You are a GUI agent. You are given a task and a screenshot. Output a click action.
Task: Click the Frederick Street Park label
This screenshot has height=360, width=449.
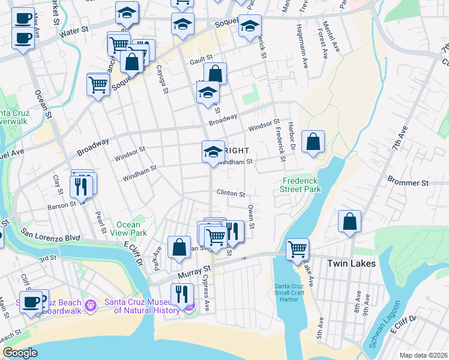point(301,185)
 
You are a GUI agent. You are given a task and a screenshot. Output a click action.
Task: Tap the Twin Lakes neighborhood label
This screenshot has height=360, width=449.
point(351,263)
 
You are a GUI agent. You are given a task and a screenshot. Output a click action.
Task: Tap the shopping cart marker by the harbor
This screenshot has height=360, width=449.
point(298,249)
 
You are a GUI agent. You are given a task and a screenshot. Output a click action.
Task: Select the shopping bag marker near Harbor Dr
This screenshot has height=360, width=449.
point(313,142)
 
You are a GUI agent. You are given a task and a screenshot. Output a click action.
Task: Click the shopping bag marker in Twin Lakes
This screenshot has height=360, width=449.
point(349,221)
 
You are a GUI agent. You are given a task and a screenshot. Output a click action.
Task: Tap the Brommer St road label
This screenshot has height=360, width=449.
point(408,182)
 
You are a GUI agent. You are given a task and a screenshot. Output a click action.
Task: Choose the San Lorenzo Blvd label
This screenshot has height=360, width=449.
point(51,234)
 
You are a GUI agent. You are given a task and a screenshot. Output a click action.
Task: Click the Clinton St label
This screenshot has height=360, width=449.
point(231,194)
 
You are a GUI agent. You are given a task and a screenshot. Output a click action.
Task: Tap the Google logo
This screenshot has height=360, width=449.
point(20,352)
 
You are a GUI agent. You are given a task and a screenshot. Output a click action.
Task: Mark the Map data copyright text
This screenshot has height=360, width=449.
point(424,355)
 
